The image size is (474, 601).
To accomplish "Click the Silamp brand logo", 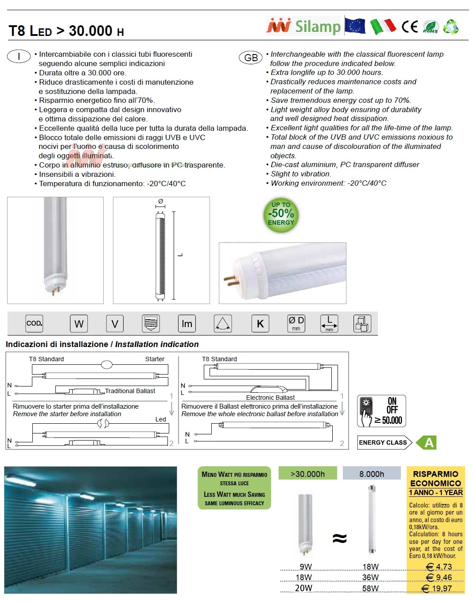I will pos(303,26).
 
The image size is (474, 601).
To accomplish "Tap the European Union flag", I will pos(355,26).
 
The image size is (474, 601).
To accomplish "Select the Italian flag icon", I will pos(383,26).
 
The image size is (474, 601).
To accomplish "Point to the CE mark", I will pos(410,27).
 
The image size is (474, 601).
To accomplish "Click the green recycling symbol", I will pos(451,27).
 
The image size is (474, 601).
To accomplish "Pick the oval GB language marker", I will pos(251,58).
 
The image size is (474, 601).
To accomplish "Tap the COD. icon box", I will pos(34,324).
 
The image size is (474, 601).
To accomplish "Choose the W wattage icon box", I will pos(79,324).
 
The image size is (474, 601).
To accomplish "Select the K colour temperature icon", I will pos(260,324).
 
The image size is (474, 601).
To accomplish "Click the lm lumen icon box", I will pos(187,324).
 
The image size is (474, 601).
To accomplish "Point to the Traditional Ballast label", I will pos(130,391).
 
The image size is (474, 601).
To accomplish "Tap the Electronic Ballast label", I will pos(270,398).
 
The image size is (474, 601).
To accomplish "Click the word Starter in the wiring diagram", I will pos(155,359).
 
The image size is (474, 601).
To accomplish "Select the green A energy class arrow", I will pos(429,442).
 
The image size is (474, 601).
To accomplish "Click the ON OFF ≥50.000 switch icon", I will pos(381,411).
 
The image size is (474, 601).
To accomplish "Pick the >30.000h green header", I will pos(307,474).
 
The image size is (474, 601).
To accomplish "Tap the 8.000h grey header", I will pos(372,474).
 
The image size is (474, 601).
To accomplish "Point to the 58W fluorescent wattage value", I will pos(370,588).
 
